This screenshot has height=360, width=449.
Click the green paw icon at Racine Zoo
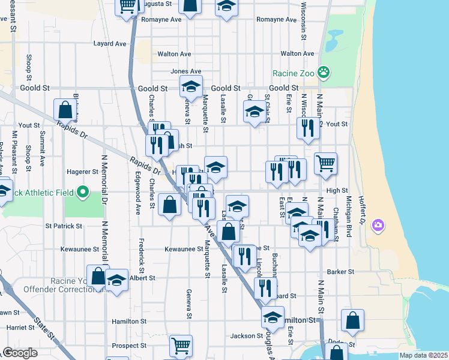324,73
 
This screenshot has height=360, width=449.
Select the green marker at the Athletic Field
83,193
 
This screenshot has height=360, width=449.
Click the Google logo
20,353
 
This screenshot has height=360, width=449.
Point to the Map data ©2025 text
423,355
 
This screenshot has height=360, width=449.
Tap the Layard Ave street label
110,43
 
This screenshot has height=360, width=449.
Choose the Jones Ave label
185,71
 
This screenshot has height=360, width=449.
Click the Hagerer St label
83,172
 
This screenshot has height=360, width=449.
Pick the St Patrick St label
63,226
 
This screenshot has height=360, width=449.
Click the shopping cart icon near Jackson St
181,345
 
